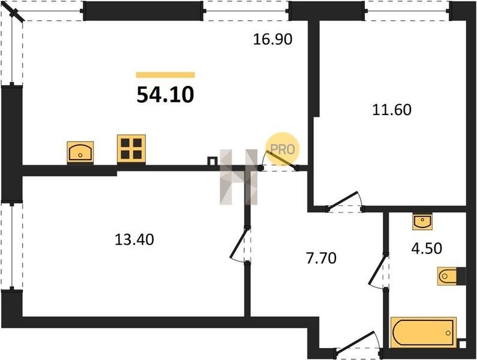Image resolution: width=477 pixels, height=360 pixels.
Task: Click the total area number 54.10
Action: [165, 95]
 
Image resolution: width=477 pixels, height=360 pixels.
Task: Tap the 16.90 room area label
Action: [272, 39]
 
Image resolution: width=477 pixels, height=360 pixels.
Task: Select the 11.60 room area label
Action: [392, 110]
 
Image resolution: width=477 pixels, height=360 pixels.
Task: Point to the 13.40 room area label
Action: [134, 239]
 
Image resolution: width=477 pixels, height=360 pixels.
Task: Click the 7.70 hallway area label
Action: [321, 258]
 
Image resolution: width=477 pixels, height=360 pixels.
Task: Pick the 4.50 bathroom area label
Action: [427, 248]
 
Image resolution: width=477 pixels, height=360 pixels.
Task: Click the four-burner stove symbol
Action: [131, 149]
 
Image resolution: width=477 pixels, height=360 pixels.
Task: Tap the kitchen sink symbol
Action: [80, 152]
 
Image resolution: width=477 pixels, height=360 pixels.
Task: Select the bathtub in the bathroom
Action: [424, 332]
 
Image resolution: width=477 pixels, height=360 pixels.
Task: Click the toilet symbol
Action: [447, 276]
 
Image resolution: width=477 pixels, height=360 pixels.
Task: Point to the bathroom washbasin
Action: [422, 221]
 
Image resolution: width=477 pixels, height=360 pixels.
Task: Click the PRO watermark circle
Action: [283, 149]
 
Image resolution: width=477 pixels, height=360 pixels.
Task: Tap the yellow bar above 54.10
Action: [165, 75]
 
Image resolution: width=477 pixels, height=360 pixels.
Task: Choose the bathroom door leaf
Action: [378, 270]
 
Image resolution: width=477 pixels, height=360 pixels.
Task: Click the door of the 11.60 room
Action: [343, 200]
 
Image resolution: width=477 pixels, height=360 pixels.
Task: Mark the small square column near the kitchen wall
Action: [212, 161]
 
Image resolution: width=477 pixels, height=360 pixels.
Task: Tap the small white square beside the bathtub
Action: [462, 344]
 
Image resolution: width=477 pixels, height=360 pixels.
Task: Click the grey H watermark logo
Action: [239, 177]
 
